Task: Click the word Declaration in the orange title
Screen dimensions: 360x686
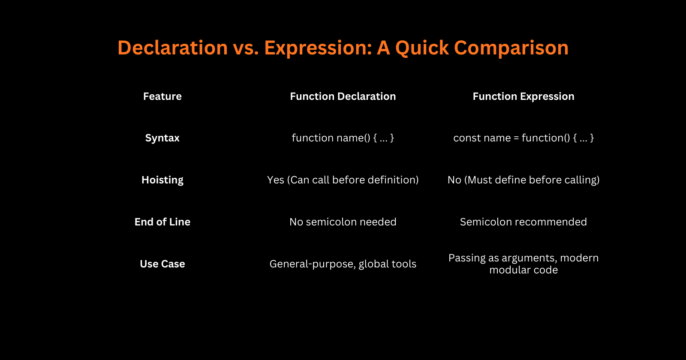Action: click(x=172, y=48)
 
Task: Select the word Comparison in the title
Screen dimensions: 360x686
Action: click(x=511, y=48)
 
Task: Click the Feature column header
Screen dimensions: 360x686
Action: click(x=162, y=96)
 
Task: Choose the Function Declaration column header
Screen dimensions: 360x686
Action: click(x=343, y=96)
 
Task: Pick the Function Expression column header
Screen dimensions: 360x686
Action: click(x=523, y=96)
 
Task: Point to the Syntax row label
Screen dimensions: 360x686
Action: click(x=162, y=138)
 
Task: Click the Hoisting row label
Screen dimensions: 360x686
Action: click(x=162, y=180)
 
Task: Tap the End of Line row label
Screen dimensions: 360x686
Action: click(x=162, y=222)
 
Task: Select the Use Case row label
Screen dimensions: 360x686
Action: click(x=162, y=264)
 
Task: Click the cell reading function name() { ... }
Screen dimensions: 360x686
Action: click(x=343, y=138)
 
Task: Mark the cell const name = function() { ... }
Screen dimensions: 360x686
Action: click(x=523, y=138)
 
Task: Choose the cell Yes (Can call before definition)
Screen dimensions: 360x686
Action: click(x=343, y=180)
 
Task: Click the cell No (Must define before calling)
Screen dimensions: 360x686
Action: click(x=523, y=180)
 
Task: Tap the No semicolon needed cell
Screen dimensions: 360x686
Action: click(x=343, y=222)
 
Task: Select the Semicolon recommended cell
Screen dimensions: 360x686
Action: click(x=523, y=222)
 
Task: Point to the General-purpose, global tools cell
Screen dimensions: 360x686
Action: click(x=343, y=264)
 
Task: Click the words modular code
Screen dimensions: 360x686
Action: click(x=523, y=270)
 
